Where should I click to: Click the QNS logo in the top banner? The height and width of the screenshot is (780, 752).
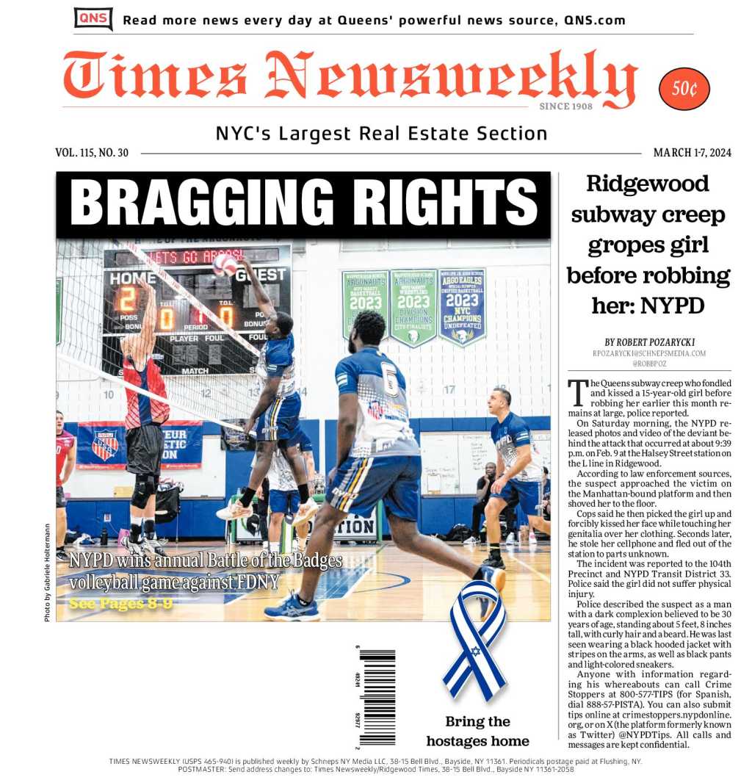click(93, 19)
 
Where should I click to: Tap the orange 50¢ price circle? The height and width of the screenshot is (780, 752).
click(684, 89)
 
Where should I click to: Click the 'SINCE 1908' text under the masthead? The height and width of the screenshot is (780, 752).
click(565, 106)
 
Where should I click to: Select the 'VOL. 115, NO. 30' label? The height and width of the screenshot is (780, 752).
click(92, 153)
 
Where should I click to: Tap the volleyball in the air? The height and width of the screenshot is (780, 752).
click(225, 265)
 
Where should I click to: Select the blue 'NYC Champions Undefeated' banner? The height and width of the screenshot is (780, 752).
click(462, 306)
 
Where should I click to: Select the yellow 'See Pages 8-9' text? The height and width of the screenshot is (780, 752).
click(121, 604)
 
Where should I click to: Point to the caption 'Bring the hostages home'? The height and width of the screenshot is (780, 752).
click(477, 731)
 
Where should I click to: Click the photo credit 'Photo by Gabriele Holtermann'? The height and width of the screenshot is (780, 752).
click(47, 572)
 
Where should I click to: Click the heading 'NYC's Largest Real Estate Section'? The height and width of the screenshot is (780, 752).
click(381, 134)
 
